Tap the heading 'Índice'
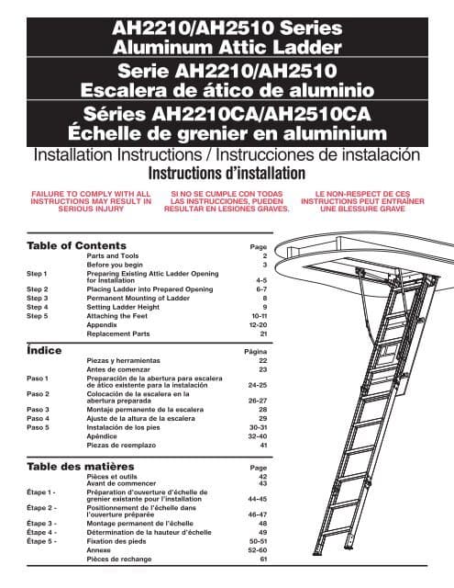[x=47, y=350]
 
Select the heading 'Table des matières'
[x=82, y=467]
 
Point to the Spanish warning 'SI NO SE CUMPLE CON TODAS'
[x=227, y=194]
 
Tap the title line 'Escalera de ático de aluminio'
[x=227, y=90]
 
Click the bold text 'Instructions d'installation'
[x=227, y=174]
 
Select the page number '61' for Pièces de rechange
[x=263, y=559]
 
